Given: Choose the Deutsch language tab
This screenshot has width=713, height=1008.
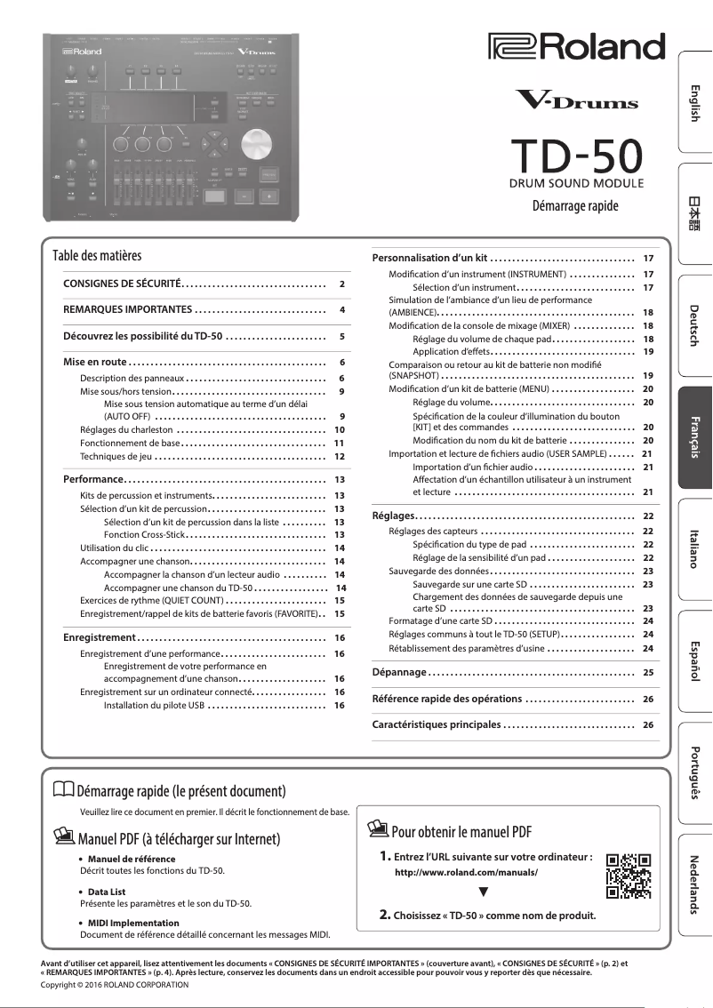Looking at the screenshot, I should (694, 325).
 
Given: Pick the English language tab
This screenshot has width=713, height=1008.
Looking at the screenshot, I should (694, 103).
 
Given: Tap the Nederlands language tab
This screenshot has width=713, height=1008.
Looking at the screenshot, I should (694, 884).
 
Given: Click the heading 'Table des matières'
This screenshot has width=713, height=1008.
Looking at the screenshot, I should (97, 256).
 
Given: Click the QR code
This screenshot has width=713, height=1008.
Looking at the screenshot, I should (628, 876).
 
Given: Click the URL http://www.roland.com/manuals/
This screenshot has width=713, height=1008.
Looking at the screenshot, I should (466, 873).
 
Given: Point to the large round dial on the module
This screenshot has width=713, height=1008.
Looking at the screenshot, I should (256, 144).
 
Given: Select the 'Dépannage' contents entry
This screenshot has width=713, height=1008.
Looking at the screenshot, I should (400, 673).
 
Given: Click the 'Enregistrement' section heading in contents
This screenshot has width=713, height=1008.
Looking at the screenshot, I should (100, 638).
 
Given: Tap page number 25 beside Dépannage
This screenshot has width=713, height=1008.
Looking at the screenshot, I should (648, 673).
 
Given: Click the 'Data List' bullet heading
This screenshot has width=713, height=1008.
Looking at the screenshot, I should (107, 891).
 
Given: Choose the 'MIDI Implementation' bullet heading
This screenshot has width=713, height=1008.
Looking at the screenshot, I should (133, 923).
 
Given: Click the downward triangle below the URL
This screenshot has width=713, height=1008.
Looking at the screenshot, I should (483, 892).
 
